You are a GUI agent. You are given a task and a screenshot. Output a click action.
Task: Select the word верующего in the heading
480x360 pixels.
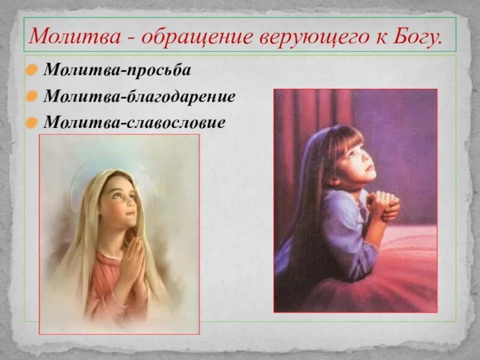[312, 37]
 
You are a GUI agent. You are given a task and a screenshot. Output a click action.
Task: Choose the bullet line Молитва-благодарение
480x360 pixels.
[139, 97]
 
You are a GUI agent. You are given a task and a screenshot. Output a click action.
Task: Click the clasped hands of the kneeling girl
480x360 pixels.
[382, 204]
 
